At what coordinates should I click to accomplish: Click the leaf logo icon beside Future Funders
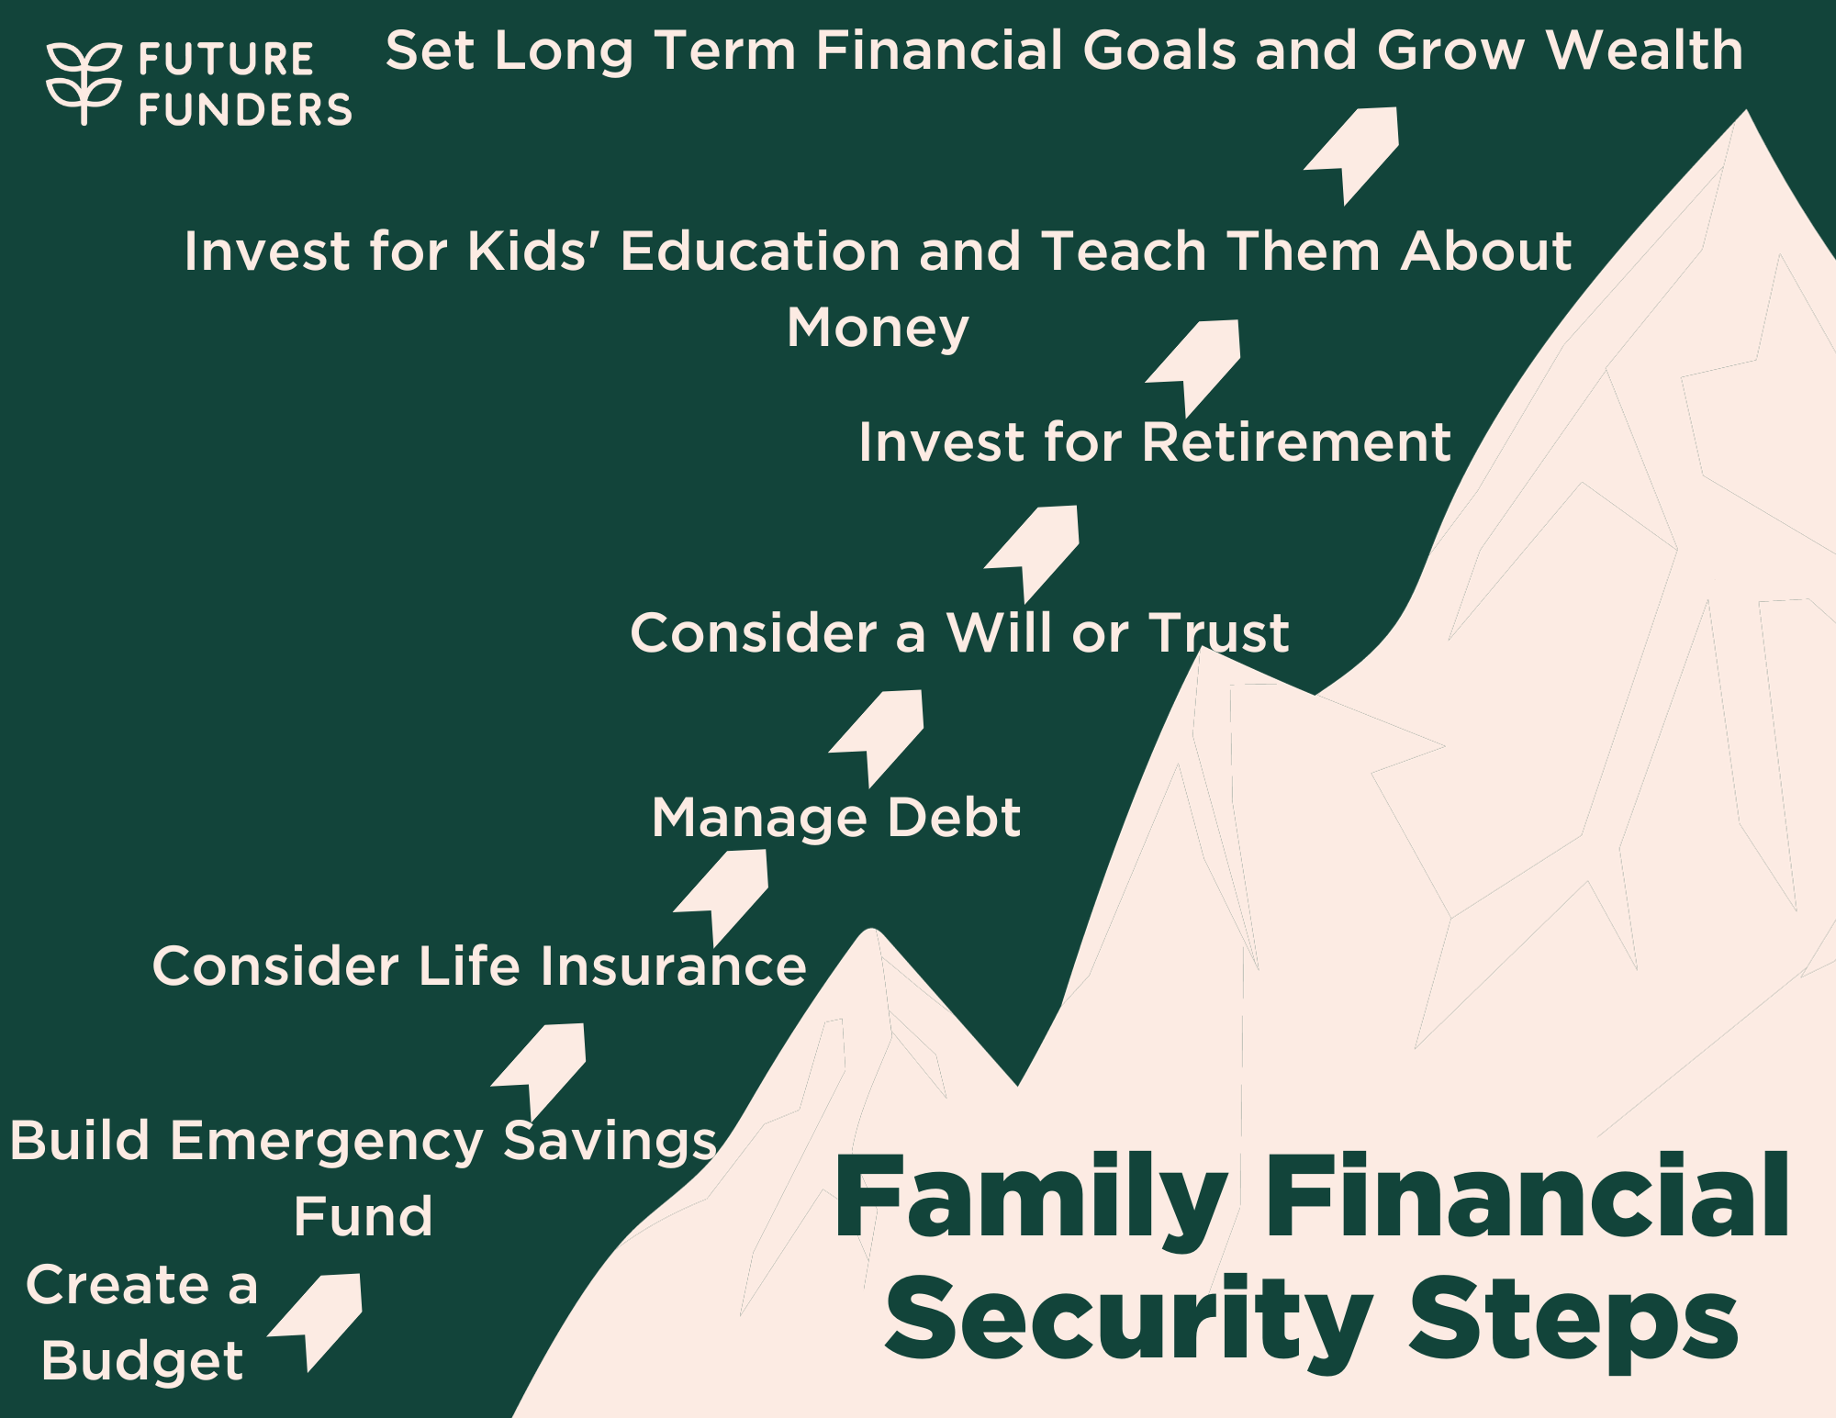point(84,83)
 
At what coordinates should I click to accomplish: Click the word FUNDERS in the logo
point(245,110)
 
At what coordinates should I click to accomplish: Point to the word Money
point(878,328)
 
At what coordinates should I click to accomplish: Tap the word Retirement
point(1295,442)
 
